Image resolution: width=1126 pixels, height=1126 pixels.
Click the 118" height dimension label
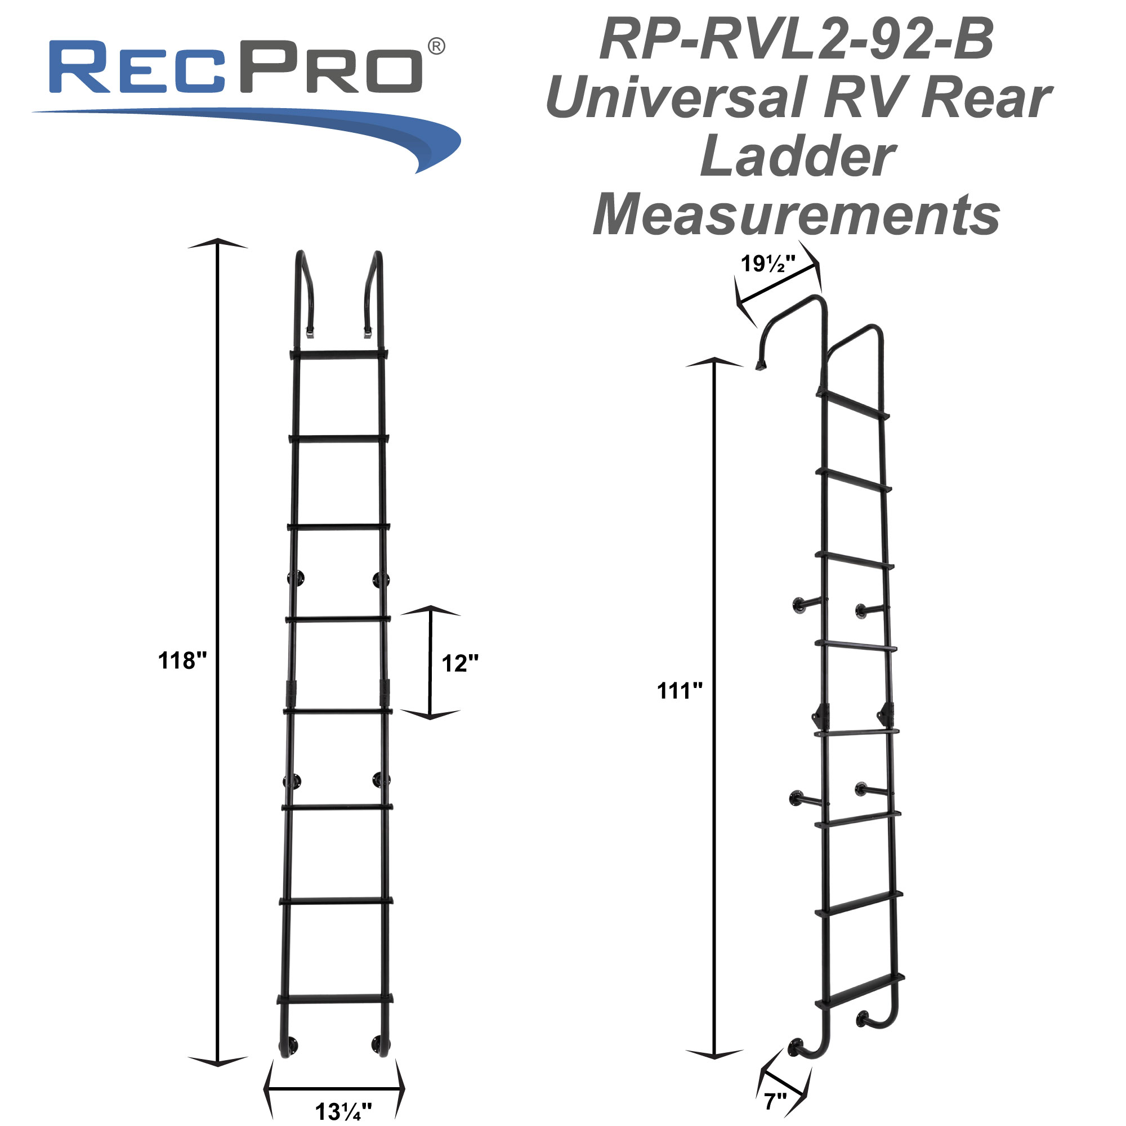(182, 661)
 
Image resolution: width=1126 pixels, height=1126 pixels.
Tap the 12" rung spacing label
(460, 663)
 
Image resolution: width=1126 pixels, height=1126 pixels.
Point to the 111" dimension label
(680, 691)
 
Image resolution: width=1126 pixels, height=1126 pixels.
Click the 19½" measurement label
(767, 264)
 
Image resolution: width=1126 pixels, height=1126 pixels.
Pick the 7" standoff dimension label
(775, 1102)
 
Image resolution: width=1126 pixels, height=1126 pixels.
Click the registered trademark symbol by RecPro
(436, 46)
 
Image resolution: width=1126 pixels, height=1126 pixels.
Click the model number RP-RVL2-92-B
(797, 39)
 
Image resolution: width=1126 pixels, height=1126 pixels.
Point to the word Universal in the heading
(676, 98)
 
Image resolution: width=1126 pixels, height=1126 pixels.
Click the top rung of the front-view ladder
(338, 354)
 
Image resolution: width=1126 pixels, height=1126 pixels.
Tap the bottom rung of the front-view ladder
(335, 998)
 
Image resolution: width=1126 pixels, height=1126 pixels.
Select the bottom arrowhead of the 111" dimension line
(714, 1053)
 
